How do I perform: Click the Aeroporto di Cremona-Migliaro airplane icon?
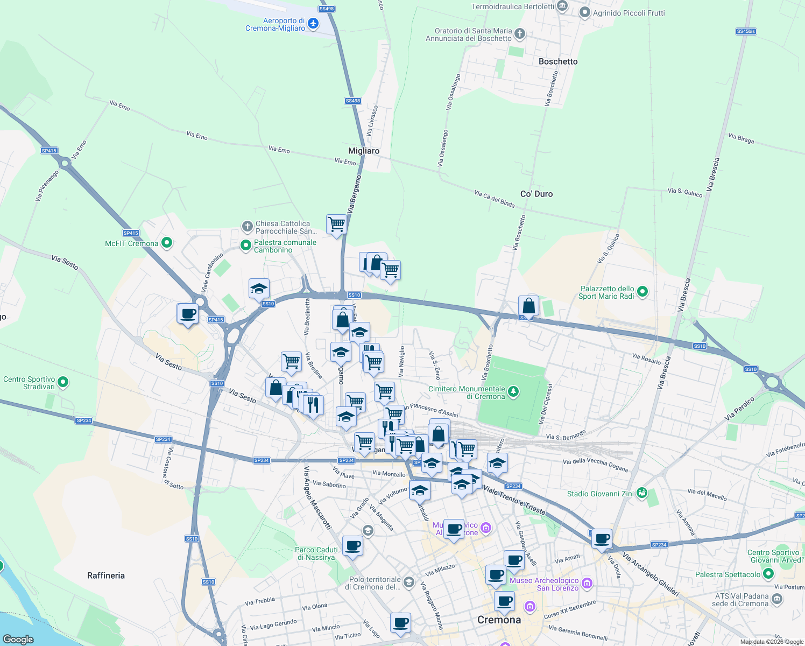(x=313, y=24)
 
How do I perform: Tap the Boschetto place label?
(x=558, y=61)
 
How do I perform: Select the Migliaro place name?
(x=364, y=151)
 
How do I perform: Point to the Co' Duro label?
(x=536, y=194)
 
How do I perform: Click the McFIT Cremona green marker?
(x=167, y=243)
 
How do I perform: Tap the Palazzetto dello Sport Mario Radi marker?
(x=642, y=292)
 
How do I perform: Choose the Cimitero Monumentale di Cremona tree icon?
(x=513, y=391)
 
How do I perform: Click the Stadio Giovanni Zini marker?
(x=641, y=493)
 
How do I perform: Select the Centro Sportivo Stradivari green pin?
(x=63, y=382)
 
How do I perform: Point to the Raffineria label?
(x=106, y=575)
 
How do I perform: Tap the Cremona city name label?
(x=499, y=620)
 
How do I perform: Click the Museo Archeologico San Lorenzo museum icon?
(x=587, y=583)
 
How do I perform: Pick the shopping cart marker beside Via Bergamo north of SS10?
(x=336, y=224)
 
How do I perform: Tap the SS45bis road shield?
(x=746, y=31)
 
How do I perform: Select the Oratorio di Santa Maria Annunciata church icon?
(x=519, y=34)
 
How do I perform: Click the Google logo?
(x=18, y=639)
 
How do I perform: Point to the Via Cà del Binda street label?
(x=495, y=199)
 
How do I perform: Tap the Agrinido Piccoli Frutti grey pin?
(x=585, y=13)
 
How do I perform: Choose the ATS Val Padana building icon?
(x=776, y=599)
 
